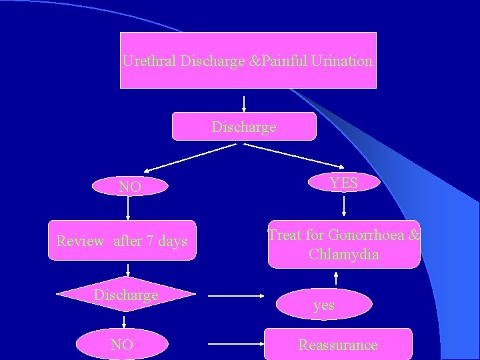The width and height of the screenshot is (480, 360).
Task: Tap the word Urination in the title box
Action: (339, 61)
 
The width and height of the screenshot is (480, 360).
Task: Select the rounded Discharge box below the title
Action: (244, 127)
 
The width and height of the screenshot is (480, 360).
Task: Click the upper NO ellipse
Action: (129, 187)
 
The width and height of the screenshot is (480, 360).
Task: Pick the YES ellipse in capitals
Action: (344, 183)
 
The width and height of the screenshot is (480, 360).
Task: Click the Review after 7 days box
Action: (122, 241)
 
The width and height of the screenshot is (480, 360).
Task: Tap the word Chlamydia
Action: (344, 254)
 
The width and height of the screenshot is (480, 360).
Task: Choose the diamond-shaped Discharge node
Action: (126, 295)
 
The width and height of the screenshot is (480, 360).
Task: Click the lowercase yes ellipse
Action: (324, 305)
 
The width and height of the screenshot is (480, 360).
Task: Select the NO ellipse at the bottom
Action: (122, 345)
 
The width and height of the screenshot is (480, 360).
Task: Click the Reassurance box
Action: (338, 345)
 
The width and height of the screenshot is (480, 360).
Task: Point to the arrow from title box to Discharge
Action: (244, 103)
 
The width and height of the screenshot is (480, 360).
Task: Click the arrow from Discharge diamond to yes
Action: (236, 295)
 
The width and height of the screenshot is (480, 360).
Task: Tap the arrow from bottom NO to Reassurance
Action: (236, 345)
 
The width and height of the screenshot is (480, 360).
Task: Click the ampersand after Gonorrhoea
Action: (414, 235)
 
